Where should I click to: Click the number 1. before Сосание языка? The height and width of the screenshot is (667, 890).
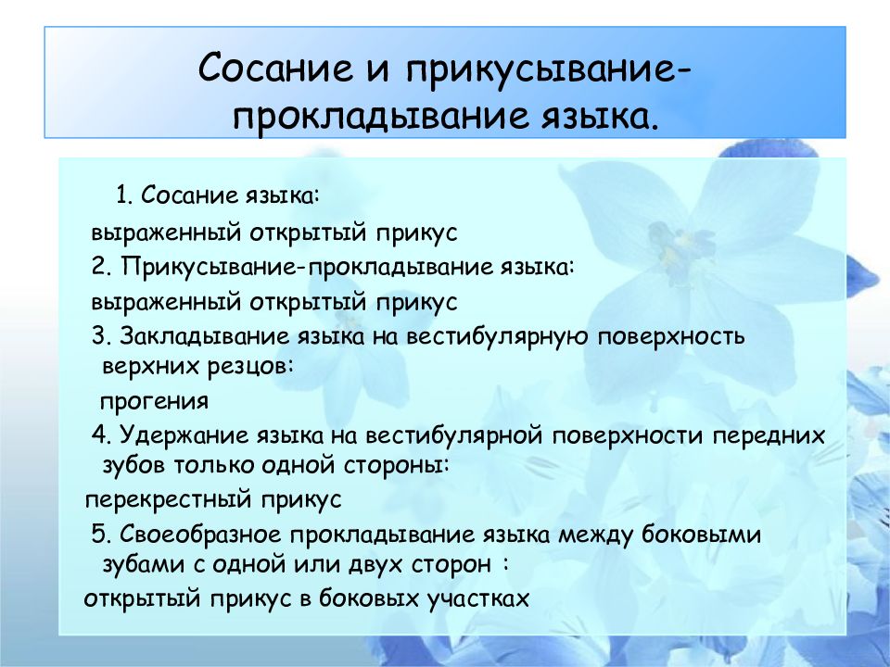[125, 195]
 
